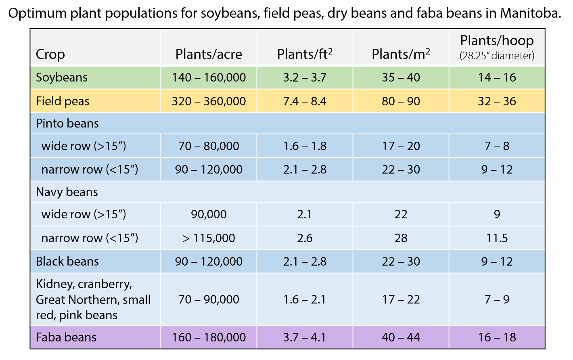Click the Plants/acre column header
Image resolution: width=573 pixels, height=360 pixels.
(209, 54)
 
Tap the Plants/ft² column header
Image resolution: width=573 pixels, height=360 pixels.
(305, 54)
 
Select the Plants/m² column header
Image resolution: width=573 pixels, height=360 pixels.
(401, 54)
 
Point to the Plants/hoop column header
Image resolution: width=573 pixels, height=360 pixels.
(497, 41)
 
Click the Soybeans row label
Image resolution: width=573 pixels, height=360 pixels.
(62, 77)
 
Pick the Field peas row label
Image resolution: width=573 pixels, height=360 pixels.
(63, 101)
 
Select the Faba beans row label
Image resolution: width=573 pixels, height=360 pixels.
(66, 337)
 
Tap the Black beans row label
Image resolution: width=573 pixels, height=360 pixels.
(67, 261)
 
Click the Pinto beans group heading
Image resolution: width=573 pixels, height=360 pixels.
(67, 123)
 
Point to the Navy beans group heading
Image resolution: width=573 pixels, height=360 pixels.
(67, 192)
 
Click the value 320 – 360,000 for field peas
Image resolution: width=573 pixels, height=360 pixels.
(209, 101)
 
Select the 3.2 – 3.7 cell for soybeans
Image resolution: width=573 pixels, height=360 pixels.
(305, 77)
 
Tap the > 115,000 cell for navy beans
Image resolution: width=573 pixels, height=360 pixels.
(209, 238)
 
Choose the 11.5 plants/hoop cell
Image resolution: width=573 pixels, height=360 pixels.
(497, 238)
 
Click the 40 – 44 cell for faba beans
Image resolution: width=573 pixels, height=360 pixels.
(401, 337)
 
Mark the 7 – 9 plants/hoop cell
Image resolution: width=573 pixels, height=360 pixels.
(497, 299)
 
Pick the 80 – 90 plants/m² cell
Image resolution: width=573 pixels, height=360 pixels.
(401, 101)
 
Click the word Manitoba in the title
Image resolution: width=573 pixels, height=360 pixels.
(530, 13)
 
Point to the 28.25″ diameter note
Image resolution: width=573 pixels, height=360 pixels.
(497, 56)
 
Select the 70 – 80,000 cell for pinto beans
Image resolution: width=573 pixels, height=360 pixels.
(209, 146)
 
